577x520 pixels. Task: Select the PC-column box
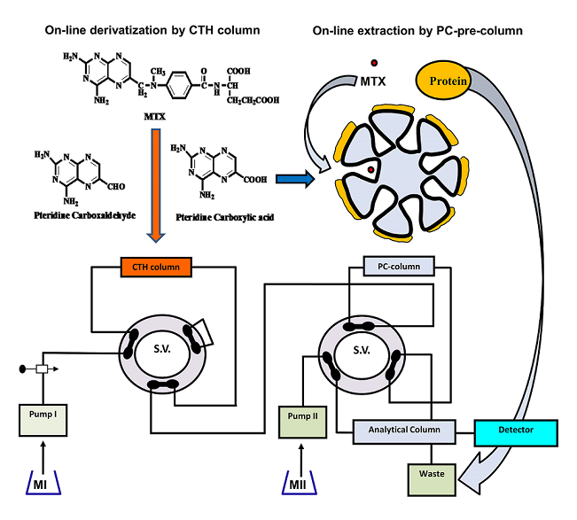[397, 266]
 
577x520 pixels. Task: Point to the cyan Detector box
[516, 431]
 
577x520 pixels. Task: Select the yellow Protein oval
[448, 81]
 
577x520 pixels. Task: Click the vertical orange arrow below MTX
[155, 187]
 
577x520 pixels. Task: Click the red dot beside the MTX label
[374, 62]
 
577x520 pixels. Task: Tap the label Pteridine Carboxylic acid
[217, 216]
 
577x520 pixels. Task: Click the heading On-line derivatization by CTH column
[153, 31]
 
